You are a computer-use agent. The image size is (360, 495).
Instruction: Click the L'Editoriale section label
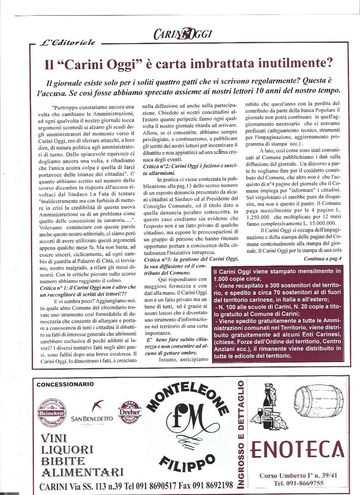[x=68, y=42]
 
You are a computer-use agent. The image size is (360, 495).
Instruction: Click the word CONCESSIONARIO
[x=65, y=385]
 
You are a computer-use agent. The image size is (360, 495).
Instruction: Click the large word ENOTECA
[x=297, y=450]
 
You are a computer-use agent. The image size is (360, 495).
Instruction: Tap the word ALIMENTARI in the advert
[x=81, y=472]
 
